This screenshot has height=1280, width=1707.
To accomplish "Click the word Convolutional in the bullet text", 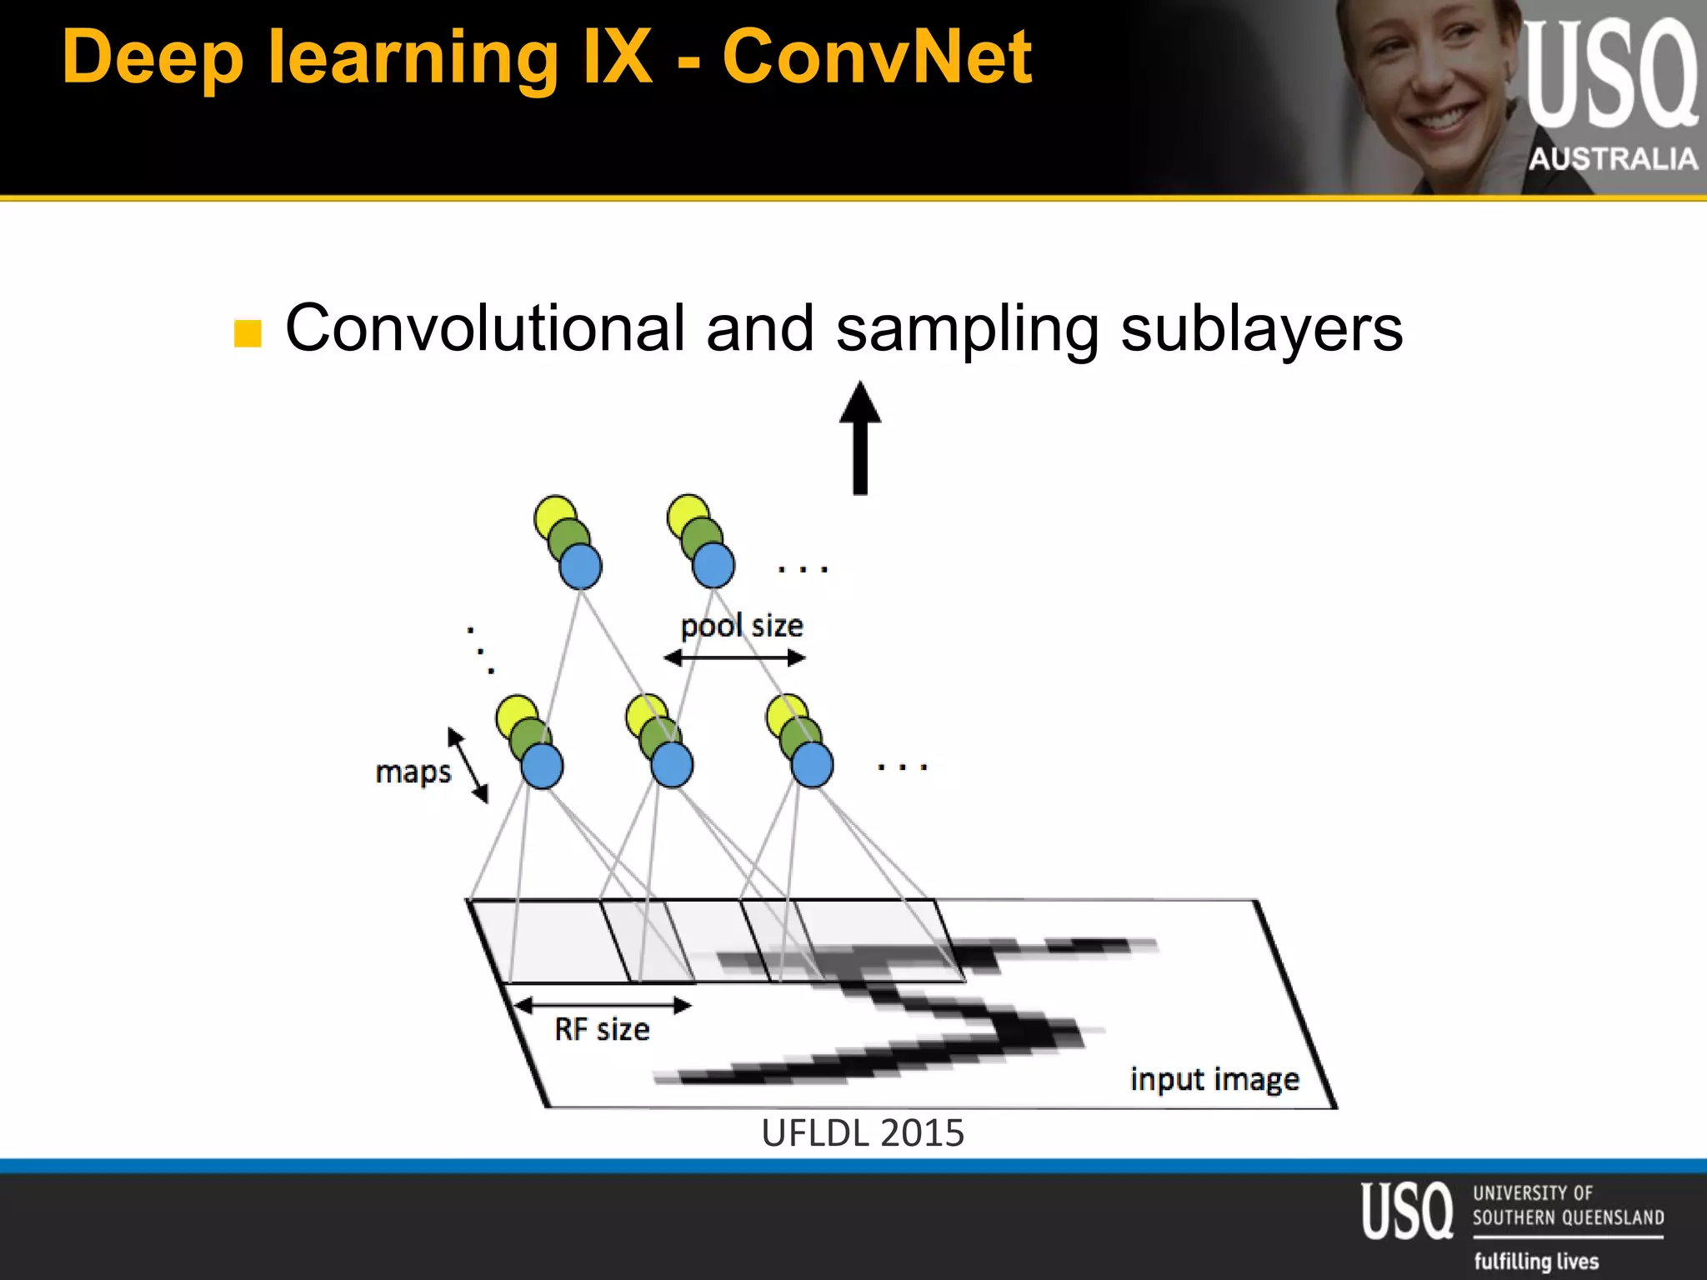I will pos(485,328).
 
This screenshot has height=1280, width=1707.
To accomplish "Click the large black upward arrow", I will pos(860,437).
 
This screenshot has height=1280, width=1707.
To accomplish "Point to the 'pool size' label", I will pos(742,626).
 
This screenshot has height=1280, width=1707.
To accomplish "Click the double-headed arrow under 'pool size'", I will pos(734,658).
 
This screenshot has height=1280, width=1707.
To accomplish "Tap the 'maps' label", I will pos(413,772).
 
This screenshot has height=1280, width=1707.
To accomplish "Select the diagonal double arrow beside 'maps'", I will pos(468,765).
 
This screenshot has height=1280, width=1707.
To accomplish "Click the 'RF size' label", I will pos(602,1030).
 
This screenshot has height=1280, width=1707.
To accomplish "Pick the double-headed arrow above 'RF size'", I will pos(602,1006).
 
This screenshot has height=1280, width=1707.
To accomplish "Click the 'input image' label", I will pos(1214,1079).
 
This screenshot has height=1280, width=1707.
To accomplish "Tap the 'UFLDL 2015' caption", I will pos(863,1133).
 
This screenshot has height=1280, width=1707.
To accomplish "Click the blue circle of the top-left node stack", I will pos(581,567).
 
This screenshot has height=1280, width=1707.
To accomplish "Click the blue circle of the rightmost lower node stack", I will pos(812,765).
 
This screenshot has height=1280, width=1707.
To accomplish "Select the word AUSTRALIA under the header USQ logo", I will pos(1613,158).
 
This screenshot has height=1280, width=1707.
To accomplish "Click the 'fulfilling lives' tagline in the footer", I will pos(1536,1261).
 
